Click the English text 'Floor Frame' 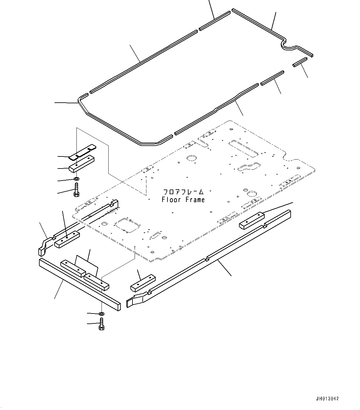tap(183, 200)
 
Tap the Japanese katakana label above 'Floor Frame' tap(183, 192)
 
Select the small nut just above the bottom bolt tap(101, 314)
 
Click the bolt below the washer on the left tap(76, 189)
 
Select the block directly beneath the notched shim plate tap(82, 163)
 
